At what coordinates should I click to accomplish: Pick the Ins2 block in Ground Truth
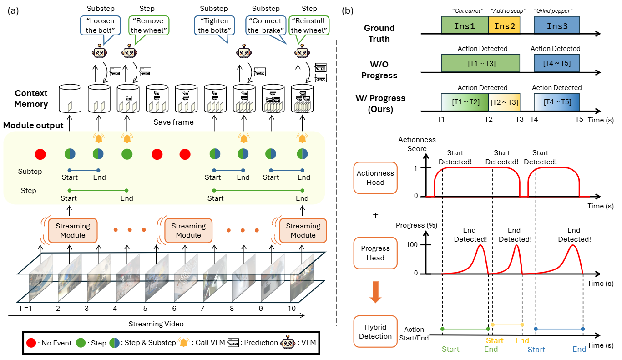click(504, 26)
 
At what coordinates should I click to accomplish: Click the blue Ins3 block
click(556, 26)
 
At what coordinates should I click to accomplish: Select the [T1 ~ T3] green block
click(480, 63)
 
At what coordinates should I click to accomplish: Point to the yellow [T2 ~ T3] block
click(504, 102)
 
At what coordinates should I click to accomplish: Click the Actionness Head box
click(375, 177)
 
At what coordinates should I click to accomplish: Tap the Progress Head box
click(375, 253)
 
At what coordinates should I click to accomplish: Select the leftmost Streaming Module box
click(73, 231)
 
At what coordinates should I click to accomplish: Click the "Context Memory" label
click(31, 99)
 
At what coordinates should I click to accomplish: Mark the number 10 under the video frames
click(291, 308)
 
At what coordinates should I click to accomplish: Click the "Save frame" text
click(173, 122)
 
